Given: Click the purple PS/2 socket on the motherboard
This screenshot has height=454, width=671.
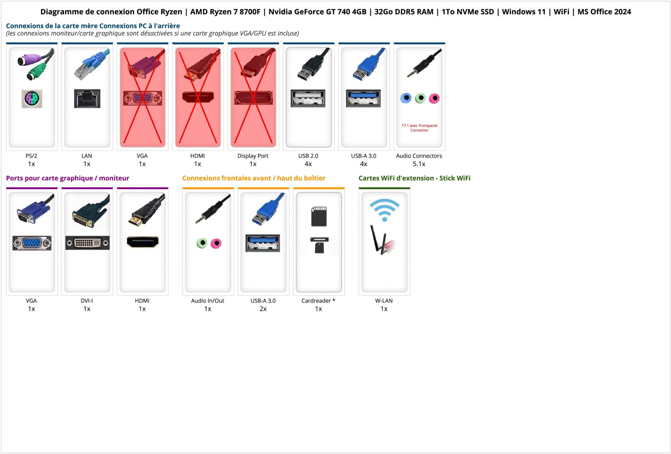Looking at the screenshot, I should tap(32, 98).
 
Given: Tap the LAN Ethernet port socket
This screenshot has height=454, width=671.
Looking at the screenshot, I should tap(87, 98).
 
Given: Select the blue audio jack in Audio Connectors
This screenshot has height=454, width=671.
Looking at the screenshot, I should tap(406, 98).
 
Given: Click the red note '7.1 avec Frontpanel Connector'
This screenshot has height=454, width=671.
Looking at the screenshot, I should tap(419, 128).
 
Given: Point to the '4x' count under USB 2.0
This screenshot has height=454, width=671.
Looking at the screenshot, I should tap(308, 164).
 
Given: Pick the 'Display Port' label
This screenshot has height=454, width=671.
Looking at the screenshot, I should tap(253, 156).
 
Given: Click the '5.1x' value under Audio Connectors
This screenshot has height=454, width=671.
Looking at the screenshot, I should tap(419, 164).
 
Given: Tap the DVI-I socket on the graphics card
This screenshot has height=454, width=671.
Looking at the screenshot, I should tap(87, 243).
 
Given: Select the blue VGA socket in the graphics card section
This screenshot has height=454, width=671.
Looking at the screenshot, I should tap(32, 243).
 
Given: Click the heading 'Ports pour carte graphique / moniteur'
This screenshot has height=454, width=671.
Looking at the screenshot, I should tap(68, 178).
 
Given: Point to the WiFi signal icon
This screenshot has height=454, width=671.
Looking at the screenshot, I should tap(384, 209).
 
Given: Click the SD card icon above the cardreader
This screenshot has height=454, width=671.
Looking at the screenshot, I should tap(319, 216).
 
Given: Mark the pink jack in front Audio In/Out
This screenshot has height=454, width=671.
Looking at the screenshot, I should tap(216, 243).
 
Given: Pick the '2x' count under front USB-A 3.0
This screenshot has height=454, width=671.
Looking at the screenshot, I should tap(263, 309).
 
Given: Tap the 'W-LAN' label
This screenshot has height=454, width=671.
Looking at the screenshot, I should tap(384, 301).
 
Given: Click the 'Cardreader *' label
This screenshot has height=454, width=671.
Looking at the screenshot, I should tap(318, 301).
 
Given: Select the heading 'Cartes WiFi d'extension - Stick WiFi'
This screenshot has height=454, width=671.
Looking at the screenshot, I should tap(414, 178).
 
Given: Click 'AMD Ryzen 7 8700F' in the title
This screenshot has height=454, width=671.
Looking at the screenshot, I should tap(225, 12).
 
